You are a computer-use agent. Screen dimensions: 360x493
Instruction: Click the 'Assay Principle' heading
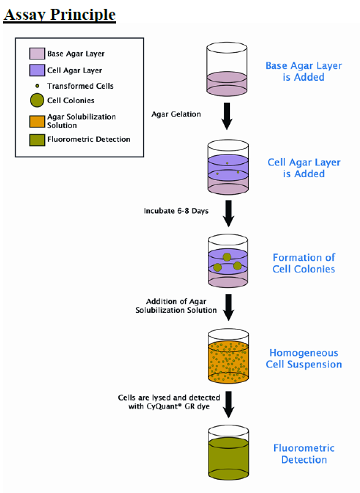tap(60, 15)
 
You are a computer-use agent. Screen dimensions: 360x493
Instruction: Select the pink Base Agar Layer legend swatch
tap(37, 54)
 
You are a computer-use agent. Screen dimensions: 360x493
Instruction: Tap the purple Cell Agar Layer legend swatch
tap(37, 70)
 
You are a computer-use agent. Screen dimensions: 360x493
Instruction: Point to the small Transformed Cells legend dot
tap(37, 86)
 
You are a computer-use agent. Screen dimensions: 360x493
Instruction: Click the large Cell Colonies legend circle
tap(37, 101)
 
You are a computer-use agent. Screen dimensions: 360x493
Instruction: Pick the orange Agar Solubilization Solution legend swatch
tap(37, 121)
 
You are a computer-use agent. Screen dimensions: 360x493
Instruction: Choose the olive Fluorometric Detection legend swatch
tap(37, 140)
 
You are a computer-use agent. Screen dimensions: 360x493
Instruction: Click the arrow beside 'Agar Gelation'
tap(227, 116)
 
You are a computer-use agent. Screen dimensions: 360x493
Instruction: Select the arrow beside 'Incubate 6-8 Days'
tap(228, 214)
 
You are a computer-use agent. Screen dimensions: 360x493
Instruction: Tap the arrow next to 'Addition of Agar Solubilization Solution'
tap(228, 307)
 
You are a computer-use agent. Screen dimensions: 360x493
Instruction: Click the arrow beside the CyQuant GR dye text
tap(228, 404)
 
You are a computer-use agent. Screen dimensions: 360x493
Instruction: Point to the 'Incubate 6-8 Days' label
tap(176, 211)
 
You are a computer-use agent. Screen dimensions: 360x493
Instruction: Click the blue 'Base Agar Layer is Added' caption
tap(303, 71)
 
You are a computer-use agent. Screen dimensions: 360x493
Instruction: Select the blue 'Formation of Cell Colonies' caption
tap(303, 263)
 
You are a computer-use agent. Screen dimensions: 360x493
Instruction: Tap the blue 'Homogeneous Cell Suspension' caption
tap(303, 359)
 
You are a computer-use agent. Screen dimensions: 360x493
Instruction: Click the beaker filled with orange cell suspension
tap(228, 356)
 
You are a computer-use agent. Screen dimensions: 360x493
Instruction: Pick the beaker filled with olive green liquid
tap(228, 453)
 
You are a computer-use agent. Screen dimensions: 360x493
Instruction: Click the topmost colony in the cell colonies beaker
tap(227, 257)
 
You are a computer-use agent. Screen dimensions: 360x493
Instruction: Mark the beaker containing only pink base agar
tap(227, 69)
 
